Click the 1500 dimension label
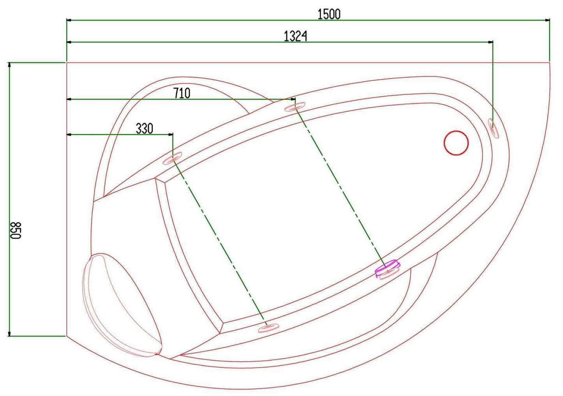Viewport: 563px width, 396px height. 329,14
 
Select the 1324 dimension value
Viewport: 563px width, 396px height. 295,36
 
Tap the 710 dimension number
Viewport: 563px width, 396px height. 182,93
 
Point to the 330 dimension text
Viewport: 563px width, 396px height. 145,128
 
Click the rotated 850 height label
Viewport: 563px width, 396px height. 16,230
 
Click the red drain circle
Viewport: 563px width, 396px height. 456,143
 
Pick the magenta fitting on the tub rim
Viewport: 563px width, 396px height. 387,268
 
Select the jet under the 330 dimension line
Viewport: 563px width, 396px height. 173,158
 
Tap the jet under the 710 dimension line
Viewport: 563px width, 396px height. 295,107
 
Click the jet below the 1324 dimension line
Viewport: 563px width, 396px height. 493,128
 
